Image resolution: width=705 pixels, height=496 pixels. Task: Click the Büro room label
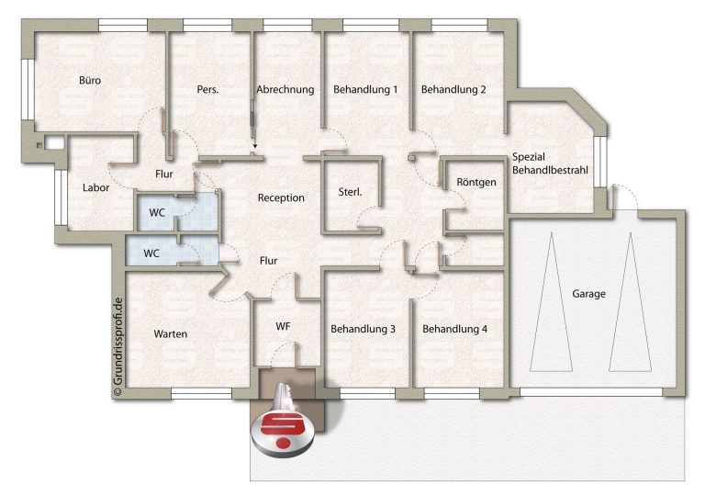(90, 81)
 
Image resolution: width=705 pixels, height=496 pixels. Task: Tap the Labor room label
(95, 187)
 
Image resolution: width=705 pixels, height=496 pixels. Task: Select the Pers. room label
(207, 90)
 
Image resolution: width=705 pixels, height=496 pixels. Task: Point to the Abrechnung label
(285, 90)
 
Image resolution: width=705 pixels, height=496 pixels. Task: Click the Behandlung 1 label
(365, 90)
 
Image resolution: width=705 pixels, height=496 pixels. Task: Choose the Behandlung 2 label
(453, 90)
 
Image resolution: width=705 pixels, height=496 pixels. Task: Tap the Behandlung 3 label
(363, 329)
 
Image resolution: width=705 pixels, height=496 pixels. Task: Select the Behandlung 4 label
(454, 329)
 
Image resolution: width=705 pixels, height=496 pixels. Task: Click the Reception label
(281, 198)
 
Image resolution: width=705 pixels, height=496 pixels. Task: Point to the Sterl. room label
(351, 192)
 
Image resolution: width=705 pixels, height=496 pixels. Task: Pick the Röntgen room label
(476, 182)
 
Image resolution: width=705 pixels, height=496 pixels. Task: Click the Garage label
(588, 294)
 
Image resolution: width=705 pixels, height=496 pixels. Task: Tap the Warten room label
(171, 334)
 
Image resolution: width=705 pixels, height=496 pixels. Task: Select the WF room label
(283, 326)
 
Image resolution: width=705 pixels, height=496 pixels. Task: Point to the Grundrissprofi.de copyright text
(118, 346)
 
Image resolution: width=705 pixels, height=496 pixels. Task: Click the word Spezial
(529, 157)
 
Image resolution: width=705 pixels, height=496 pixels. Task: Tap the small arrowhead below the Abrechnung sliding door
(255, 146)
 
